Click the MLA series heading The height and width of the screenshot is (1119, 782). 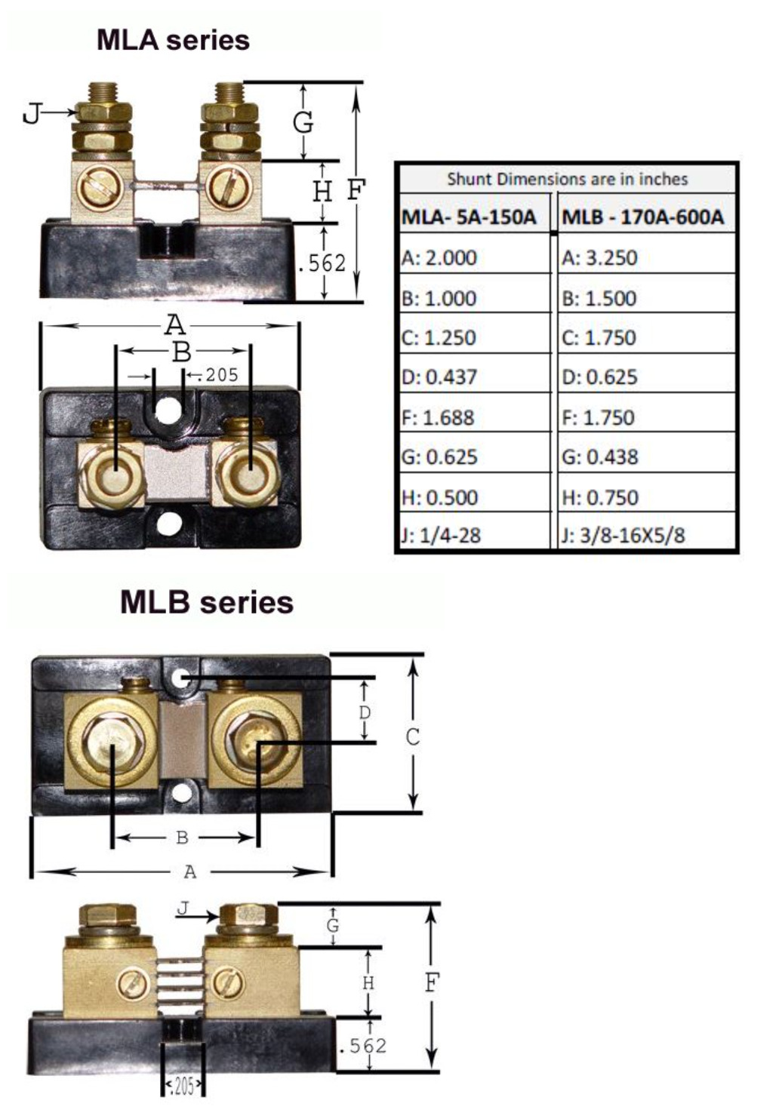point(173,40)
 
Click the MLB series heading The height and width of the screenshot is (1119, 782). point(207,602)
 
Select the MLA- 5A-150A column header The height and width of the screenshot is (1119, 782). point(469,218)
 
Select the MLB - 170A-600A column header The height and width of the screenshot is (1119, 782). point(642,218)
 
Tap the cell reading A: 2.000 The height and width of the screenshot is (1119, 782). point(439,258)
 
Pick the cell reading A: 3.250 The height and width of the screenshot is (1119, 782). point(599,258)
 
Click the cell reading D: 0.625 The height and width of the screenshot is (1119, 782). point(599,377)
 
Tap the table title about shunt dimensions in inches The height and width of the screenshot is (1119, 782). point(567,180)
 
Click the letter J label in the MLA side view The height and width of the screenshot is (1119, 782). point(31,114)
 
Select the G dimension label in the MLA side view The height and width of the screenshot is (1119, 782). point(303,122)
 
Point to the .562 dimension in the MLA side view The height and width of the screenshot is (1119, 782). point(322,263)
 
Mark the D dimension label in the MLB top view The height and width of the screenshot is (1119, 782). point(365,713)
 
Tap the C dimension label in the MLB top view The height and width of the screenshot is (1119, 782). point(412,737)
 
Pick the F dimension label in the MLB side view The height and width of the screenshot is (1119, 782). point(432,983)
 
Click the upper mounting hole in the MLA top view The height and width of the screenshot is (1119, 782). point(168,411)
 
